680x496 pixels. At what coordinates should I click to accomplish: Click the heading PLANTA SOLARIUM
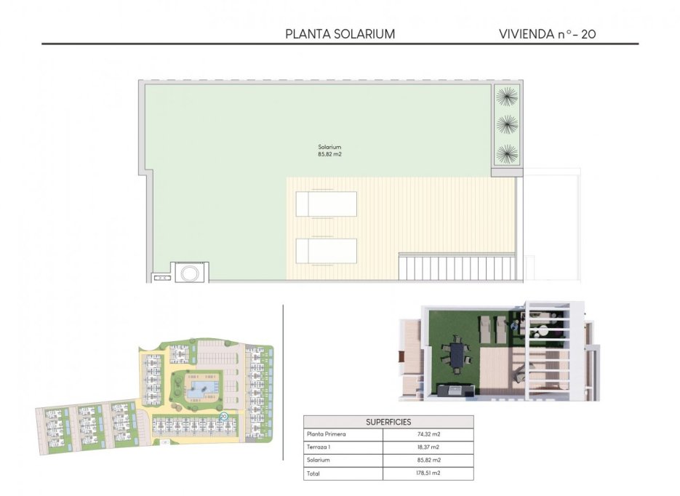340,33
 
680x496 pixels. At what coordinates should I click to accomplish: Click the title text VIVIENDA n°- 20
548,33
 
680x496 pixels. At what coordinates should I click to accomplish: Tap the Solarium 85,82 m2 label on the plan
329,151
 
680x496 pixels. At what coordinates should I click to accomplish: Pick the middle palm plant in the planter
507,124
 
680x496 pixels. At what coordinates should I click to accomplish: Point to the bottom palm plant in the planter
507,153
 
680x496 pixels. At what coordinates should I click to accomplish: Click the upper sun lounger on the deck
327,204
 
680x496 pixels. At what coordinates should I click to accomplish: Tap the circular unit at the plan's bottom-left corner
191,273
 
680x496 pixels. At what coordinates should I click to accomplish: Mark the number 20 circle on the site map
223,417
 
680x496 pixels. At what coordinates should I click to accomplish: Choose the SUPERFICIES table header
388,422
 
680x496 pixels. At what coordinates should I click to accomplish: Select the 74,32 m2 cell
428,434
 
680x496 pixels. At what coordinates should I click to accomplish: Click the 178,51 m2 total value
428,473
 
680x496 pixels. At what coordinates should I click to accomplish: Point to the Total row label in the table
314,473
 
